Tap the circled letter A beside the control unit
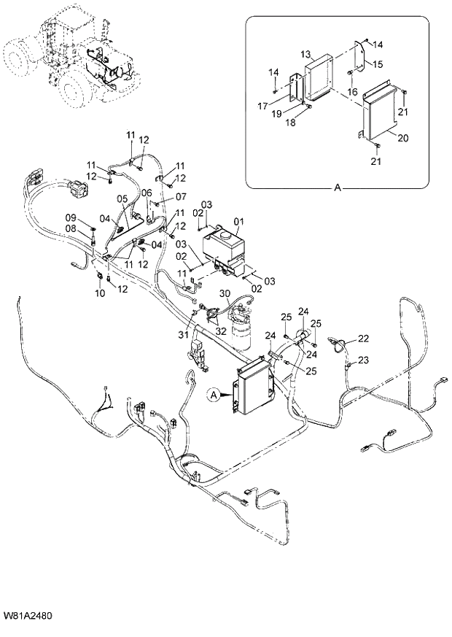tap(214, 395)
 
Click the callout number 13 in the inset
tap(305, 54)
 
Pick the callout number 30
tap(225, 294)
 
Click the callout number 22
tap(363, 339)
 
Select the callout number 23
tap(363, 359)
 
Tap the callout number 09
tap(71, 217)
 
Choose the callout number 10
tap(100, 293)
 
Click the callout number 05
tap(122, 198)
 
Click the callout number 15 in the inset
tap(378, 64)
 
